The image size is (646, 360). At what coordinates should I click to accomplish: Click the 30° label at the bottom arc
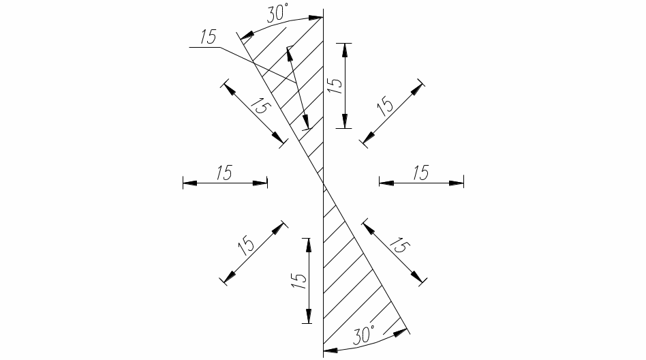365,334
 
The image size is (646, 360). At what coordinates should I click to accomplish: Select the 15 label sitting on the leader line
204,37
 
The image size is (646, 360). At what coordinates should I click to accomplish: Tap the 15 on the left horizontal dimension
224,172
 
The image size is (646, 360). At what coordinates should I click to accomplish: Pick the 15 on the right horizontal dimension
421,172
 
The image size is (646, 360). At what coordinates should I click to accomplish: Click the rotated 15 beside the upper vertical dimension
334,85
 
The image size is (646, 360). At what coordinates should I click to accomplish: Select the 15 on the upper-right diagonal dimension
386,105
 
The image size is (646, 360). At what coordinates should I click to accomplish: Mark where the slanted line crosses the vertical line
323,183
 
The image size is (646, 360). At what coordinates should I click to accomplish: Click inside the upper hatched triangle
300,82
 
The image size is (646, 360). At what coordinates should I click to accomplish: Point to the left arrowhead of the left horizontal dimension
188,183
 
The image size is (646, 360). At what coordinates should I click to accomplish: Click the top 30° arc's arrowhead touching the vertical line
318,18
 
